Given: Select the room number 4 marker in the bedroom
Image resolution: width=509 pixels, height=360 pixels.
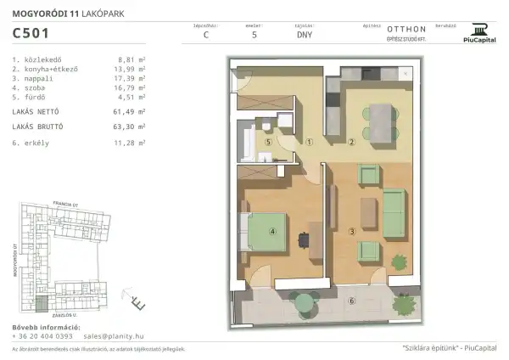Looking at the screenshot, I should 272,230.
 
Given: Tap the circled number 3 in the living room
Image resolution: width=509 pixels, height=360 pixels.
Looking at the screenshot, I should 351,230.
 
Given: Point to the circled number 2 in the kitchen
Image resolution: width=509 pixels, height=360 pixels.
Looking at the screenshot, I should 351,142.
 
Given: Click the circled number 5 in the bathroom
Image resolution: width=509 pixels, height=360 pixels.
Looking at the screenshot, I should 269,143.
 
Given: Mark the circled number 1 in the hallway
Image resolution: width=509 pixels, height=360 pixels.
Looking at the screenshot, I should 310,142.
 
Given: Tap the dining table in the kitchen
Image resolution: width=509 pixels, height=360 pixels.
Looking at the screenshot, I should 378,118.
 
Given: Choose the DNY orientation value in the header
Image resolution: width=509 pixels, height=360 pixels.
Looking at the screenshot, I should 304,37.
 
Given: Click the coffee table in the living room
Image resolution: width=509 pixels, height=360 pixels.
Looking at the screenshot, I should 366,209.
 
